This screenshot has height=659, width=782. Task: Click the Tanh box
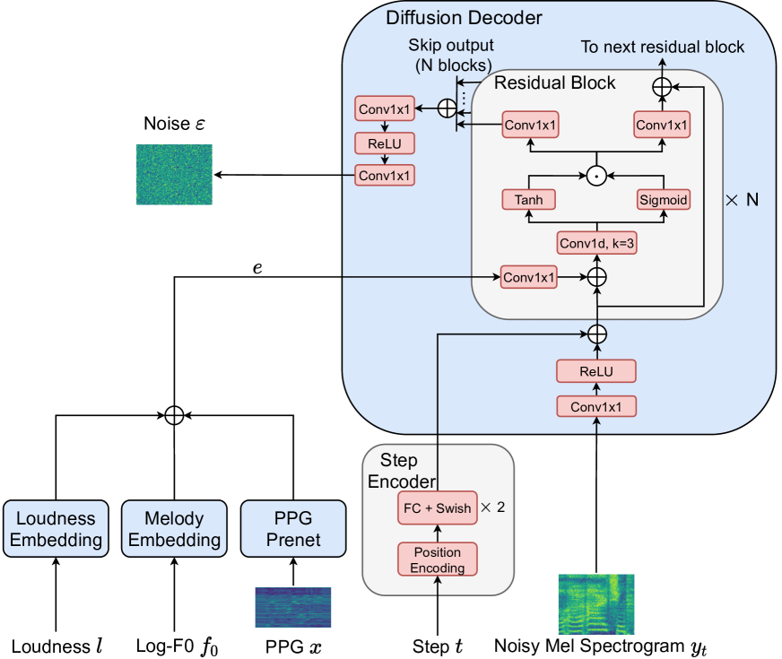(x=528, y=199)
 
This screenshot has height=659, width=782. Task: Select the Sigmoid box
(x=663, y=199)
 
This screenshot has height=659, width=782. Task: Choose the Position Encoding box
(x=438, y=559)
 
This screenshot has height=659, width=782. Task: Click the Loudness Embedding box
(x=56, y=529)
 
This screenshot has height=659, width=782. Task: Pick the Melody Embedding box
(x=175, y=529)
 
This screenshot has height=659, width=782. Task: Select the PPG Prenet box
(x=293, y=529)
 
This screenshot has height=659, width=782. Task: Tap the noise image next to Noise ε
(x=174, y=175)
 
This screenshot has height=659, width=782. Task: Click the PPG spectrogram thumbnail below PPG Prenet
(x=293, y=607)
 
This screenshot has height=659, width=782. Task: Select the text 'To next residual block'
(x=663, y=47)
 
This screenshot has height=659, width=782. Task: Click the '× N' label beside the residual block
(x=742, y=199)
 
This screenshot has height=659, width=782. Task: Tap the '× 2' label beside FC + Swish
(x=492, y=507)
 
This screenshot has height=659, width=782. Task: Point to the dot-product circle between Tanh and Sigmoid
(x=596, y=177)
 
